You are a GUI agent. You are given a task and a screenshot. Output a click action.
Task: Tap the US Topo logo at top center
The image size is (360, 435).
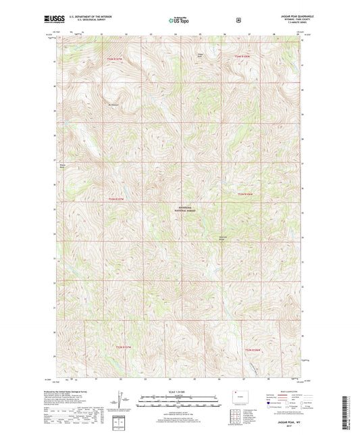coord(179,21)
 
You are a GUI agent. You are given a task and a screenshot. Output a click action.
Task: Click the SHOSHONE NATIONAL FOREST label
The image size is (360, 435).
coord(179,210)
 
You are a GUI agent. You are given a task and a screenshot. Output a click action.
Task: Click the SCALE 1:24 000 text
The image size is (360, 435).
coord(179,392)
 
